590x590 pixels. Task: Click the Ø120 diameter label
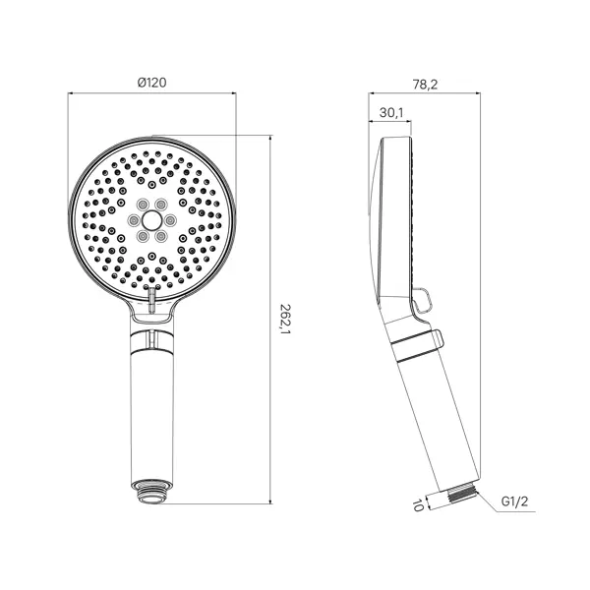click(x=152, y=83)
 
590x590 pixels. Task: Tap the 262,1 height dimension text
click(x=284, y=320)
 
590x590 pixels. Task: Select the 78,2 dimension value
click(x=425, y=85)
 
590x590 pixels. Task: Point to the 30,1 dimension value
click(x=391, y=112)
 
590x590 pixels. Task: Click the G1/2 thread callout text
click(x=514, y=501)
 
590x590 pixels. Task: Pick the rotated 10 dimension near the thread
click(x=418, y=504)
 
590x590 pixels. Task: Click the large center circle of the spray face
click(x=151, y=219)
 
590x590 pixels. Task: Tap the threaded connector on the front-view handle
click(x=151, y=492)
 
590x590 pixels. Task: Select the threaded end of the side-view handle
click(x=462, y=493)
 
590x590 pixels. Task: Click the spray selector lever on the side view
click(x=424, y=300)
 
